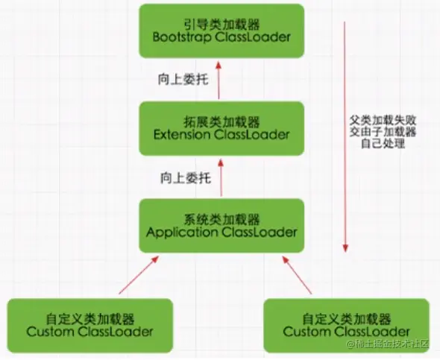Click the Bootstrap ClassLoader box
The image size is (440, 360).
(x=221, y=31)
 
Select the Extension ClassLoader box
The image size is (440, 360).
(x=221, y=128)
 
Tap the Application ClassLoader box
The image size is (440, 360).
(x=221, y=226)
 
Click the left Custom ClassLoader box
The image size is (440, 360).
(x=89, y=326)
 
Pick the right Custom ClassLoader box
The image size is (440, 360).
(x=347, y=326)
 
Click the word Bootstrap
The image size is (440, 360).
(x=182, y=37)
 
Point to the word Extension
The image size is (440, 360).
(x=182, y=135)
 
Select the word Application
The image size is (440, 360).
(x=182, y=233)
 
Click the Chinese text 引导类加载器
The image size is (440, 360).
(x=221, y=25)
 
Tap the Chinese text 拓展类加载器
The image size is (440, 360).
(x=221, y=122)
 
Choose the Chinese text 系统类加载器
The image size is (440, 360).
(x=221, y=220)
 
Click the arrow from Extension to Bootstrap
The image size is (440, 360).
(x=219, y=80)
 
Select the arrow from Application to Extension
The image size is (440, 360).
(x=221, y=177)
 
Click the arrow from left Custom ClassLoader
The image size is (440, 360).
(x=139, y=275)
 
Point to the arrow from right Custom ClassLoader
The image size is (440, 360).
(x=297, y=275)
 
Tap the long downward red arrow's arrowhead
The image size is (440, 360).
(x=345, y=248)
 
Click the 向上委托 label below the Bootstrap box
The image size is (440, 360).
(x=183, y=79)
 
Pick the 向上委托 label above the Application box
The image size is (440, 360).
(x=186, y=178)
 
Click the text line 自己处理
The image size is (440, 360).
(x=383, y=144)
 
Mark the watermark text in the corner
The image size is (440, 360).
(x=388, y=344)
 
